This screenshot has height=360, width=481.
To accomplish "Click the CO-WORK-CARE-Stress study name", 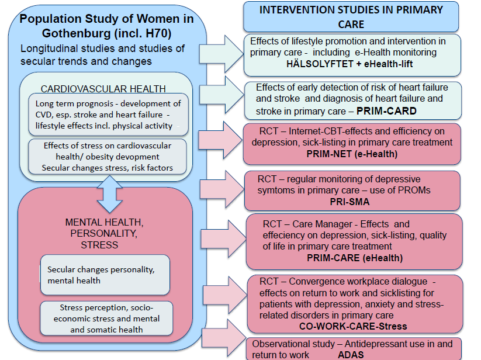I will pyautogui.click(x=353, y=326).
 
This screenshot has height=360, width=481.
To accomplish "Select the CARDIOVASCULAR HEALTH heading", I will pyautogui.click(x=103, y=89).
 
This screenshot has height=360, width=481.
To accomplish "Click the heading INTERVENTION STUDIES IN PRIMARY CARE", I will pyautogui.click(x=351, y=17).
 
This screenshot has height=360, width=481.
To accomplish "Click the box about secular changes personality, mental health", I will pyautogui.click(x=105, y=275).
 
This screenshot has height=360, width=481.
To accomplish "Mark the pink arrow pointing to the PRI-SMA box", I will pyautogui.click(x=222, y=189).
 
